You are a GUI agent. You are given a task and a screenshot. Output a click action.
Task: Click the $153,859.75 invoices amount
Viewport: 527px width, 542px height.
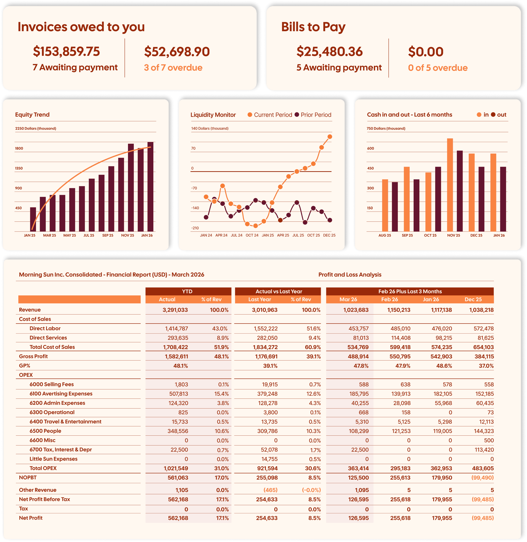coord(66,52)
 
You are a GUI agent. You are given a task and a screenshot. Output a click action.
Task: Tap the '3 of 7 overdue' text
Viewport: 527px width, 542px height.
coord(173,68)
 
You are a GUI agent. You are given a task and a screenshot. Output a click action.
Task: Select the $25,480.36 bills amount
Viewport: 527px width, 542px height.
coord(329,52)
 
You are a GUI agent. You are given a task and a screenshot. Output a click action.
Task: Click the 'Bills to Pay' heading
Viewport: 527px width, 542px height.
coord(313,27)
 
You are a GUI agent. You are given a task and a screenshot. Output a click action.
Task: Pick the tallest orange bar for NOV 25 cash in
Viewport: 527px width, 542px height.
coord(450,185)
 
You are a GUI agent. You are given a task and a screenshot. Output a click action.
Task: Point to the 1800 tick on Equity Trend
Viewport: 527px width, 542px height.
coord(19,148)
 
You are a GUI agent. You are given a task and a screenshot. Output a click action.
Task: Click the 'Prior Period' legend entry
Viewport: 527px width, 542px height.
coord(313,115)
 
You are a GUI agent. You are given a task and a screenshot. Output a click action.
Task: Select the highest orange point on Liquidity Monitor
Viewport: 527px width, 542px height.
coord(330,137)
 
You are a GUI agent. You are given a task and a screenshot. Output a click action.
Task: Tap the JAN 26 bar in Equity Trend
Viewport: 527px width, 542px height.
coord(150,187)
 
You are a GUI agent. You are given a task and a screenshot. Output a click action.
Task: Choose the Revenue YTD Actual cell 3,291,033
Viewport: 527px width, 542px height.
coord(175,310)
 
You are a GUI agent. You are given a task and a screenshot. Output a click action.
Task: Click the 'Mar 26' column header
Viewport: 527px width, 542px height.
coord(348,299)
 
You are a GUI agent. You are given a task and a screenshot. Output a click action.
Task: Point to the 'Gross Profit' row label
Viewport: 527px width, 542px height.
coord(33,356)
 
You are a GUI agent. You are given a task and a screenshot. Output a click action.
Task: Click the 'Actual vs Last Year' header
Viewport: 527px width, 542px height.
coord(279,291)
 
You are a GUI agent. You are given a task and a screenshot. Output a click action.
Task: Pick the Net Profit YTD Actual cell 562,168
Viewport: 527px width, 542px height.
coord(178,518)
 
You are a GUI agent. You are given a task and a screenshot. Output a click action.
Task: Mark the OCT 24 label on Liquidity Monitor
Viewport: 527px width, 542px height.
coord(252,235)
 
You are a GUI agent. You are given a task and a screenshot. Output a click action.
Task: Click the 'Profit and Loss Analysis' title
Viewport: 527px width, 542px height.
coord(350,275)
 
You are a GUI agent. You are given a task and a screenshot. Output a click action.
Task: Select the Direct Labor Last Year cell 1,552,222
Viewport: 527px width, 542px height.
coord(266,328)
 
